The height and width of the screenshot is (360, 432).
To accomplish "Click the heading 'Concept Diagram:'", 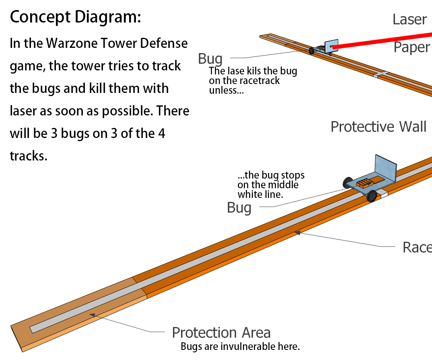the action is coord(76,17).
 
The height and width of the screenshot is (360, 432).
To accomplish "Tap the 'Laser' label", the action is coord(410,20).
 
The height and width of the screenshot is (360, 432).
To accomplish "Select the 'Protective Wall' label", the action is coord(378,127).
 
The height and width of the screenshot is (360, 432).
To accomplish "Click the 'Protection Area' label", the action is coord(221,333).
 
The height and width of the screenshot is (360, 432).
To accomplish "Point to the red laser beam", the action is coord(383,41).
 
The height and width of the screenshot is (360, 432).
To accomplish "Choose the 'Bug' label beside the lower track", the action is coord(239,208).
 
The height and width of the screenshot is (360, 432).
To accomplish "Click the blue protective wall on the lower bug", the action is coord(386,168).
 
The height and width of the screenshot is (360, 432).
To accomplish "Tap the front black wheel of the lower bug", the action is coord(372,196).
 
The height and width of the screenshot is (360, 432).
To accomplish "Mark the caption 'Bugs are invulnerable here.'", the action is coord(240,346).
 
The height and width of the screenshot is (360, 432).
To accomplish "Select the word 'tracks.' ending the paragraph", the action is coord(29,156).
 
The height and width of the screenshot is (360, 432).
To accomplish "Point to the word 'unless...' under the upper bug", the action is coord(226,91).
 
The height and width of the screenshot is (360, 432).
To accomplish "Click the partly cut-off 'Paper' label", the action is coord(412,47).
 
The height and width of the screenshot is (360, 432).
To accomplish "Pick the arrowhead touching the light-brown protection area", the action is coord(92,315).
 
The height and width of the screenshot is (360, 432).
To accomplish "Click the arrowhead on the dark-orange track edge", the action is coord(297,233).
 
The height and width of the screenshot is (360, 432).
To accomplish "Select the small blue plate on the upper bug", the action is coord(331,46).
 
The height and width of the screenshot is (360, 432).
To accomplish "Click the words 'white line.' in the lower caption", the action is coord(260,194).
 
